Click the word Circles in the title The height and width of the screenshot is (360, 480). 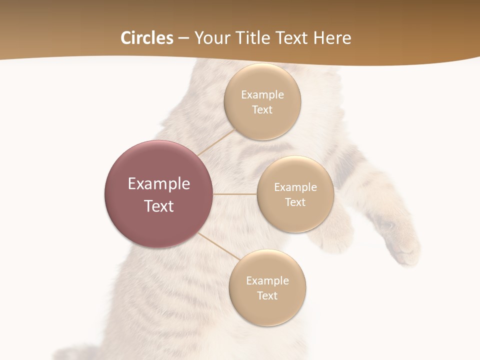click(x=147, y=38)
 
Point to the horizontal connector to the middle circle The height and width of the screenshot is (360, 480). click(x=235, y=194)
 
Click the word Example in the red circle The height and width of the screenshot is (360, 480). click(x=159, y=184)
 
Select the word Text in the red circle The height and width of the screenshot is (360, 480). click(x=159, y=206)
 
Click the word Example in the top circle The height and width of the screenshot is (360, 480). click(x=262, y=95)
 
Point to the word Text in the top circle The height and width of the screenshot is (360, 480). click(x=262, y=109)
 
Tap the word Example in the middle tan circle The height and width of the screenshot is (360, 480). click(x=295, y=187)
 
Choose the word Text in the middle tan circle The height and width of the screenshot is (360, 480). click(x=295, y=202)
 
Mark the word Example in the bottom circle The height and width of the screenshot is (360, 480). click(x=267, y=281)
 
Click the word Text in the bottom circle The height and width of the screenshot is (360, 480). click(x=267, y=295)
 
